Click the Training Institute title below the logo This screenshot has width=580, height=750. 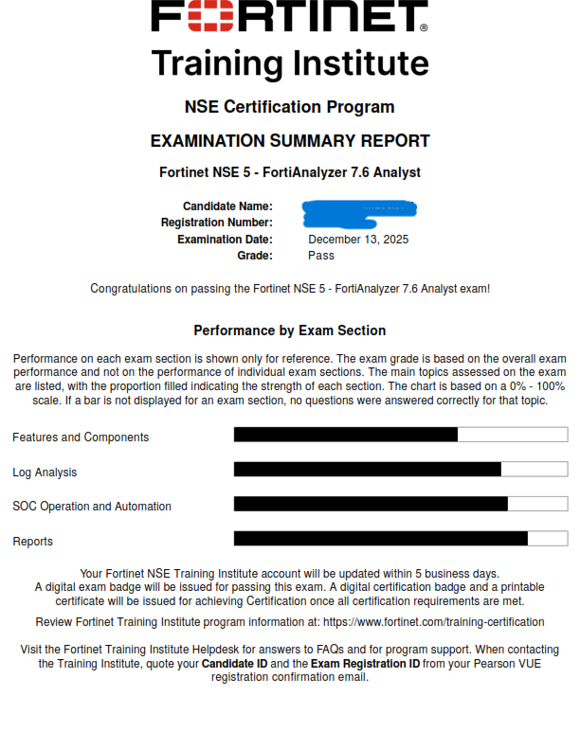tap(290, 63)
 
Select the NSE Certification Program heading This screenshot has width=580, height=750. tap(290, 106)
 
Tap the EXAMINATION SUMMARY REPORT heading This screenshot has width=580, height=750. tap(290, 141)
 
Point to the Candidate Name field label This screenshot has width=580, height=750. tap(227, 206)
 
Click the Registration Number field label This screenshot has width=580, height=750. tap(217, 223)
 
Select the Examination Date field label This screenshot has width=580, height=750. tap(225, 240)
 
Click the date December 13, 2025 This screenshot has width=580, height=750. tap(358, 240)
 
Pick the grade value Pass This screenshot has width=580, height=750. tap(321, 256)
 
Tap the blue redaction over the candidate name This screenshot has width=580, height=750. tap(360, 207)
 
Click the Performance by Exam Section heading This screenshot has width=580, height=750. tap(290, 330)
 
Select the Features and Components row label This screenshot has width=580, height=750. tap(81, 437)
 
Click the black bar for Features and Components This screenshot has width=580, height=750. tap(346, 435)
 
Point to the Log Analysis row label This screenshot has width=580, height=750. tap(45, 473)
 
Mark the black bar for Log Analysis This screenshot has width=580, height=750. tap(367, 469)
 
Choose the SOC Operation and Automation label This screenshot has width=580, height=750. tap(92, 507)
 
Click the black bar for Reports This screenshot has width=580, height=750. tap(380, 538)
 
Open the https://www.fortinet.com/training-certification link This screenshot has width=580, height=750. tap(433, 622)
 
